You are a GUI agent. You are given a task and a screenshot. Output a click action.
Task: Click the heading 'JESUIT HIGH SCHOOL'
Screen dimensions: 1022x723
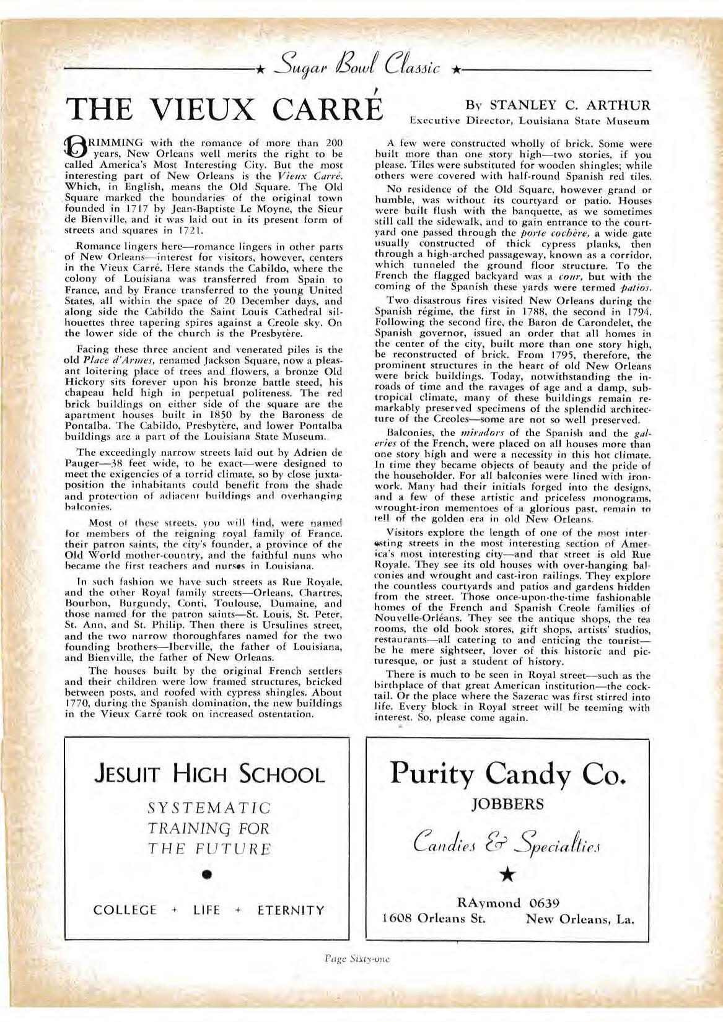pyautogui.click(x=209, y=774)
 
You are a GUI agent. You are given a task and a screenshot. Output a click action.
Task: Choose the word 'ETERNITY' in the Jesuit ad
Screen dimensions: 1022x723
pyautogui.click(x=291, y=911)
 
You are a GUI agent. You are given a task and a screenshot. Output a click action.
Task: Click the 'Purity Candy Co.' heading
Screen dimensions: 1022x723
pyautogui.click(x=507, y=773)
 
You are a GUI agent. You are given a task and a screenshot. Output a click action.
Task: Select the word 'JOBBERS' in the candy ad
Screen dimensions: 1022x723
pyautogui.click(x=507, y=805)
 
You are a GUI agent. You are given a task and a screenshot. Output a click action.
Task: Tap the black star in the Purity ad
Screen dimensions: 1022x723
pyautogui.click(x=508, y=874)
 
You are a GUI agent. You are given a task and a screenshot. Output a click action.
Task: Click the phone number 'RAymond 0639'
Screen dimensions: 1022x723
pyautogui.click(x=508, y=902)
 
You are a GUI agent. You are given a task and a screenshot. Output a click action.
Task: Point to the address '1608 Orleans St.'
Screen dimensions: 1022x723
pyautogui.click(x=434, y=919)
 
